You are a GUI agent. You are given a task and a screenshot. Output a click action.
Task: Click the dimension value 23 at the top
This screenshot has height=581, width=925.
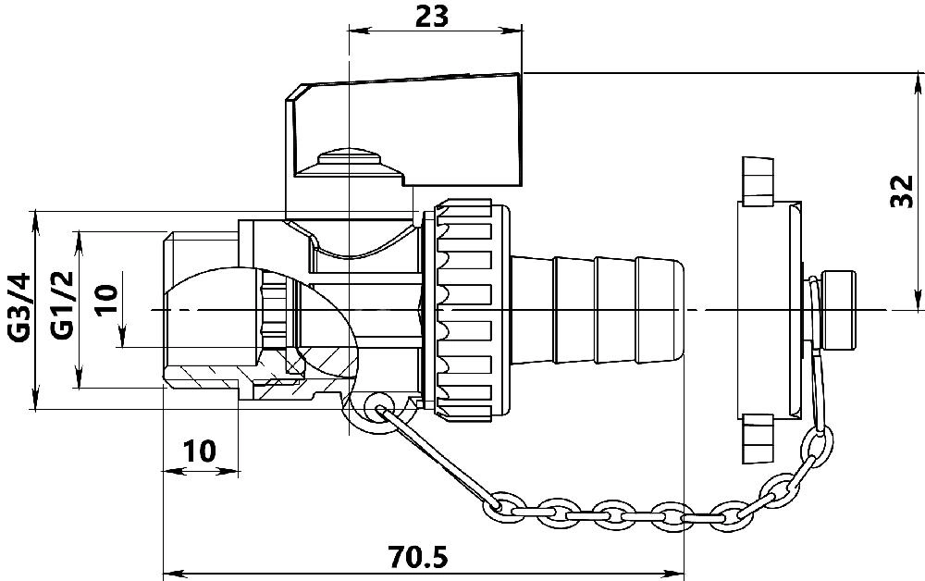tap(432, 16)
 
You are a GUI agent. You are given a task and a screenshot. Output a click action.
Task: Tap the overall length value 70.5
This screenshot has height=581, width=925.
tap(418, 557)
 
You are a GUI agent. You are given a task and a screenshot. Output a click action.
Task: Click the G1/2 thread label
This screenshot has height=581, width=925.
tap(61, 305)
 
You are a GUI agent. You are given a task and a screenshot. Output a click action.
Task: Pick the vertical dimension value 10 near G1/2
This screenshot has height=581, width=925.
tap(106, 302)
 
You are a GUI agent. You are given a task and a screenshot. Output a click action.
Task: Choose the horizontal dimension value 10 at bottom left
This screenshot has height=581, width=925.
tap(199, 451)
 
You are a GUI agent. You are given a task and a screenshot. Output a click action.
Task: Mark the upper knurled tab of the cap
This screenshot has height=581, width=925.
tap(757, 181)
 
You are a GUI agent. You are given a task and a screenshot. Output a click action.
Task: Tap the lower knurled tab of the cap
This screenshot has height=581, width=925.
tap(757, 439)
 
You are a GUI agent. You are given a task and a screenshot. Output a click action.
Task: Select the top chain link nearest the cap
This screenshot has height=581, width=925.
tap(817, 442)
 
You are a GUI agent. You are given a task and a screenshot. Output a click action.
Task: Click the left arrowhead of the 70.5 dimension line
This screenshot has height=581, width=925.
tap(170, 573)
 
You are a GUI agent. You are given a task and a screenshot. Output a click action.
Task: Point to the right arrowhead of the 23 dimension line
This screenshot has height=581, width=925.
tap(514, 31)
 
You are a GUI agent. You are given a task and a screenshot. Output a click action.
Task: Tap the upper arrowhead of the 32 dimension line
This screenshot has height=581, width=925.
tap(919, 81)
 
